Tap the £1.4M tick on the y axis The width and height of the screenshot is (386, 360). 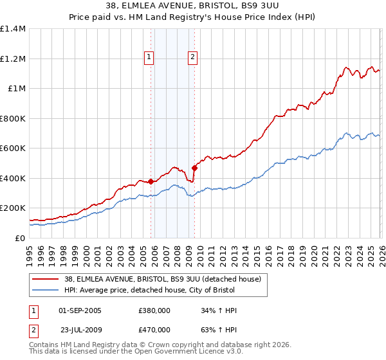[x=13, y=29]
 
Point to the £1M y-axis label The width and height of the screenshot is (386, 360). [x=16, y=89]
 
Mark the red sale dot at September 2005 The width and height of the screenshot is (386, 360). [x=151, y=181]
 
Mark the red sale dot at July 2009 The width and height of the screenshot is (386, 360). [x=194, y=168]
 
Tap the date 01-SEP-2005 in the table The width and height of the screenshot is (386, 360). [x=80, y=310]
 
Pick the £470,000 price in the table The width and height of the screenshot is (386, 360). [x=154, y=330]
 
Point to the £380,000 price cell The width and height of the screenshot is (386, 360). [x=154, y=310]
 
